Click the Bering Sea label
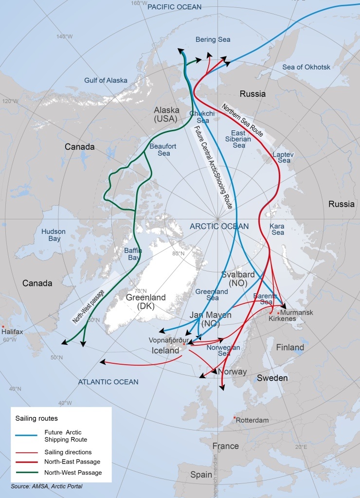[x=213, y=39]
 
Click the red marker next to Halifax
[x=3, y=326]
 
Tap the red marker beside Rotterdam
[x=234, y=418]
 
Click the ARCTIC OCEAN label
[x=219, y=226]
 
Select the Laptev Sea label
[x=281, y=157]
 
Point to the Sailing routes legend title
[x=36, y=418]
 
